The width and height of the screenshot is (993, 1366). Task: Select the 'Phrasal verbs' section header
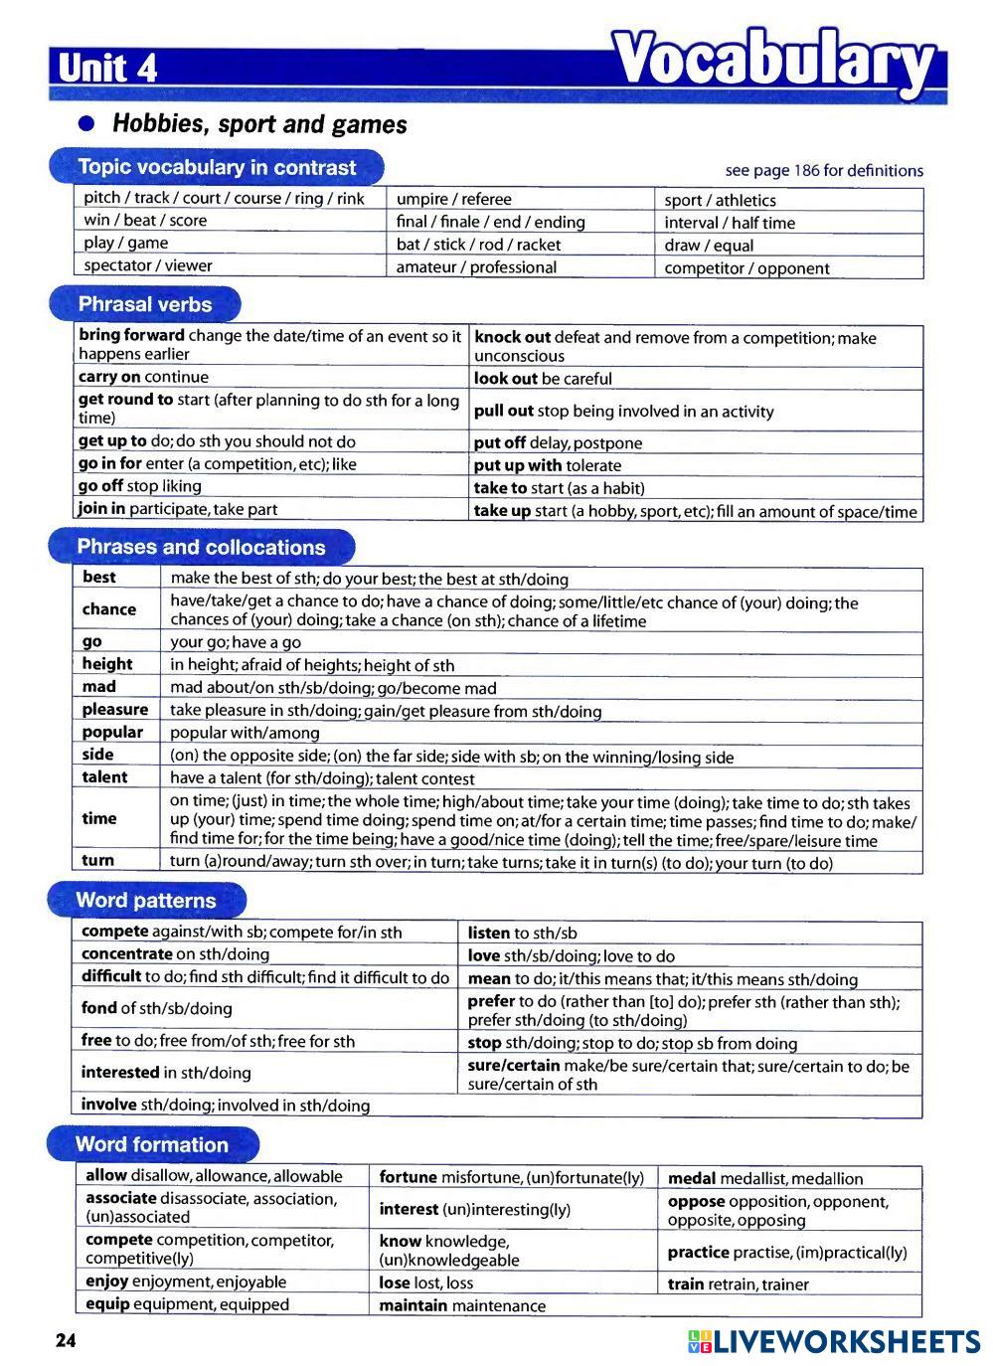click(x=145, y=304)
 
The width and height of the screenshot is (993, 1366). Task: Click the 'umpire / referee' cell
click(x=453, y=199)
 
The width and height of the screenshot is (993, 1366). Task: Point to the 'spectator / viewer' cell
click(x=148, y=265)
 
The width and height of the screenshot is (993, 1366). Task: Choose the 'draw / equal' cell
click(x=709, y=246)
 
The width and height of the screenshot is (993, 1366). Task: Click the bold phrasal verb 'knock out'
click(x=512, y=338)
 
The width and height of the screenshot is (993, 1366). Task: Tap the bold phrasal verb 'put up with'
click(x=517, y=465)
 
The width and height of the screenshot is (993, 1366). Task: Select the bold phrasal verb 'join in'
click(x=102, y=509)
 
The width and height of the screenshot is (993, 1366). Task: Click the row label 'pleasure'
click(x=115, y=710)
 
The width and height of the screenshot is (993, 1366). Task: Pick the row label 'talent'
click(x=104, y=777)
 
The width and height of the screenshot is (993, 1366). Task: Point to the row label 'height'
click(x=107, y=664)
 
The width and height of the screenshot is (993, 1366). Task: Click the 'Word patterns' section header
click(x=146, y=901)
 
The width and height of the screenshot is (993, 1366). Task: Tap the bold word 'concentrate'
click(x=127, y=954)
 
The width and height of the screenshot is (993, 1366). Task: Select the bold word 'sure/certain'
click(x=513, y=1066)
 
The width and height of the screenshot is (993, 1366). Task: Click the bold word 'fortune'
click(x=409, y=1177)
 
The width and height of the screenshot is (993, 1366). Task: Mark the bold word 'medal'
click(x=692, y=1178)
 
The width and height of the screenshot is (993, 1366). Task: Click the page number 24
click(x=65, y=1341)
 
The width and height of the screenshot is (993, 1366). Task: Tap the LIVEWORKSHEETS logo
click(x=833, y=1341)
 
